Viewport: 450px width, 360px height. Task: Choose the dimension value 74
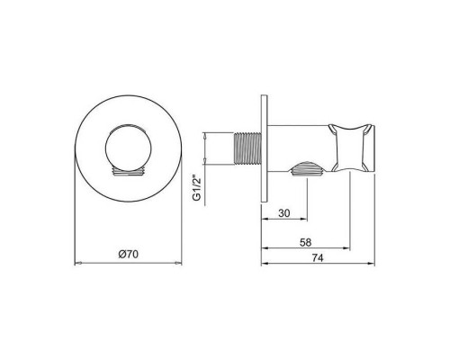coord(317,256)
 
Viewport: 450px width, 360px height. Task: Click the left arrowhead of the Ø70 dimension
coord(76,264)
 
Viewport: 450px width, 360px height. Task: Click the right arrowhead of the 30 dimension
coord(307,213)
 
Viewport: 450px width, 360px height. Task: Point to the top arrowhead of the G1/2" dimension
coord(208,132)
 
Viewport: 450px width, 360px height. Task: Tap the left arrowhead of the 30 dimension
coord(264,213)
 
